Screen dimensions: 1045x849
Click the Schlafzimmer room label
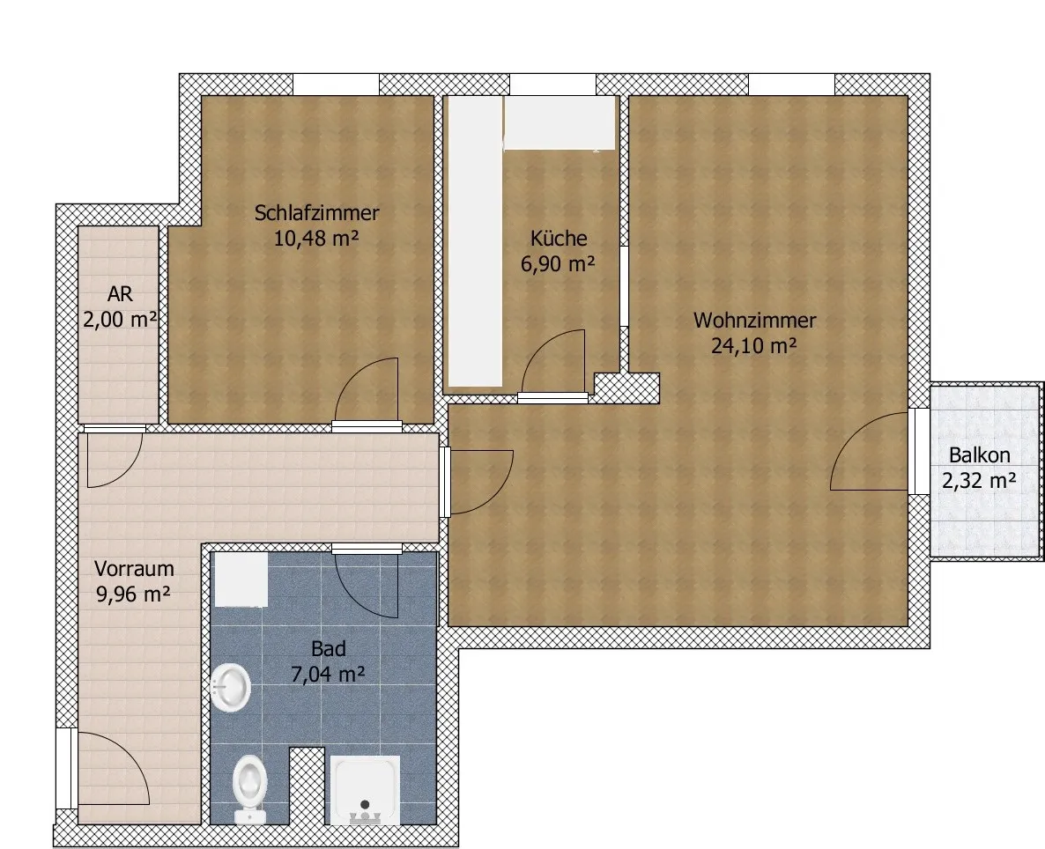tap(316, 213)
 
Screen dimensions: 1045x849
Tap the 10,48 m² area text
tap(316, 238)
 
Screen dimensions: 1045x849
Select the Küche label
tap(559, 238)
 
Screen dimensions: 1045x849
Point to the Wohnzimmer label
tap(754, 321)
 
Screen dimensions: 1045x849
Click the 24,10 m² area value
tap(754, 346)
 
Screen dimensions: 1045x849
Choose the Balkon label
tap(979, 455)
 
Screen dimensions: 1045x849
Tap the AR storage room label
tap(120, 294)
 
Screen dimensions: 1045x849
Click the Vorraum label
tap(134, 568)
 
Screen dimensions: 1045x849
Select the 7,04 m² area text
tap(328, 675)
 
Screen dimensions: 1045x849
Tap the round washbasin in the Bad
tap(231, 687)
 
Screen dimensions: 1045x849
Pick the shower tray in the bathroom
tap(366, 790)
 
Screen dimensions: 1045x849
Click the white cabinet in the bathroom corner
tap(241, 580)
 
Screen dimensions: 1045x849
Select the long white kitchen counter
tap(475, 241)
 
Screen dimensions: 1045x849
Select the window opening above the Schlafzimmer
tap(336, 85)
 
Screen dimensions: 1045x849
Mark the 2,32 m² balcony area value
tap(979, 480)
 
